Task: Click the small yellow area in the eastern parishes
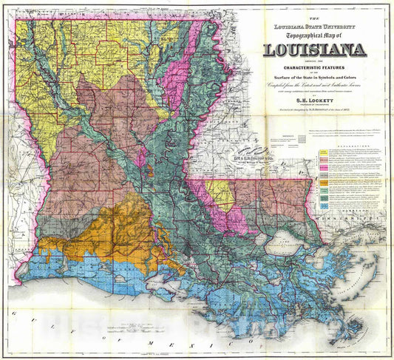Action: [220, 194]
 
